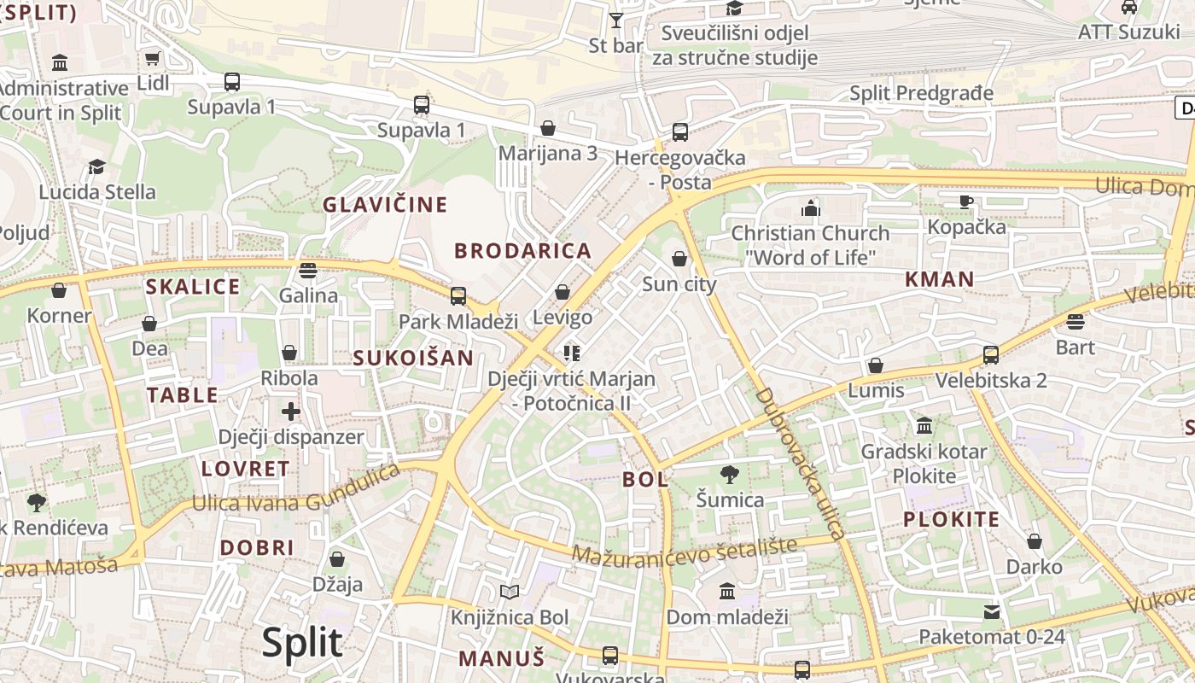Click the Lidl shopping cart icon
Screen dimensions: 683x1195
coord(152,59)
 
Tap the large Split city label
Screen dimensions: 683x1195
coord(302,642)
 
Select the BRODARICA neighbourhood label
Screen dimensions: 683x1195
coord(522,251)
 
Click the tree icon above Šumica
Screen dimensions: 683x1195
coord(729,475)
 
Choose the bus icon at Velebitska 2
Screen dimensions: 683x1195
coord(991,354)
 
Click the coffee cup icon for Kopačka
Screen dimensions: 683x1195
coord(965,201)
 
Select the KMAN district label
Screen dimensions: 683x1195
coord(940,279)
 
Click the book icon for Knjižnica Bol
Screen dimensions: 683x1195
coord(510,592)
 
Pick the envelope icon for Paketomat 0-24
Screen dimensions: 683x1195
coord(992,611)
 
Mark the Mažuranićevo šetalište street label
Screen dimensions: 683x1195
coord(684,550)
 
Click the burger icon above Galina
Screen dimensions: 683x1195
coord(308,271)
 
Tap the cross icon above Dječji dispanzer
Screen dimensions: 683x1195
coord(291,411)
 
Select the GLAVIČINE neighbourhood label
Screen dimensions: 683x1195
coord(385,205)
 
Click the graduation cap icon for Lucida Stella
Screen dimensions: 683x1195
coord(97,166)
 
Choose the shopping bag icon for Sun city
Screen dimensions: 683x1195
coord(679,258)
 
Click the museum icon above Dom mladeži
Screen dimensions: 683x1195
coord(727,591)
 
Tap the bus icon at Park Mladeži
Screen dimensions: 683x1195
coord(458,296)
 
